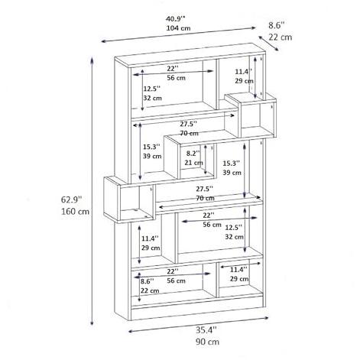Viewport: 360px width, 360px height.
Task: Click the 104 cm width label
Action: (178, 28)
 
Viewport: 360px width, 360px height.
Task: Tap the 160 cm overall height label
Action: (75, 211)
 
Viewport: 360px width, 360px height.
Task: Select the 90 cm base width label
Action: (207, 342)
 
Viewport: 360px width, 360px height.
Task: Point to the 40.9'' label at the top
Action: (176, 19)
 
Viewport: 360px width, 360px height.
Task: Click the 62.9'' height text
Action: (72, 199)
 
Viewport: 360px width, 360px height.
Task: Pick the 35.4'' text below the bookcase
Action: (206, 329)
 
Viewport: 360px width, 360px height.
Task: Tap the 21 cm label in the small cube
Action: (193, 163)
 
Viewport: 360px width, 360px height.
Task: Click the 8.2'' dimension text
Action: (193, 154)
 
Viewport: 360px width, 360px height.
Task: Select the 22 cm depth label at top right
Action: (281, 37)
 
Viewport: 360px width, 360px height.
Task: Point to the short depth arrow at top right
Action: (269, 44)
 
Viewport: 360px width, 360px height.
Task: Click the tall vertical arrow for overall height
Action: (92, 191)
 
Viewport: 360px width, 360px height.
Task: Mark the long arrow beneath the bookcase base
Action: (199, 324)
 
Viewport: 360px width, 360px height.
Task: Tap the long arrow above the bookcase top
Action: (178, 34)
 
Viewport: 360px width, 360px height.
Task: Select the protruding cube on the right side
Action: (251, 115)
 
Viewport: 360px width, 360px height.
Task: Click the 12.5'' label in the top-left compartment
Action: (152, 89)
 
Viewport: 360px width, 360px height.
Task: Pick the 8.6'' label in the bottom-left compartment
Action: (148, 281)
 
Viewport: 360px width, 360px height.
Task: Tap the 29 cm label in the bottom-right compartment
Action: (239, 279)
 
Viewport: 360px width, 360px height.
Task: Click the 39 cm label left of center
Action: (152, 156)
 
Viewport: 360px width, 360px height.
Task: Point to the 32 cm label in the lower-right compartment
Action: (234, 237)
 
